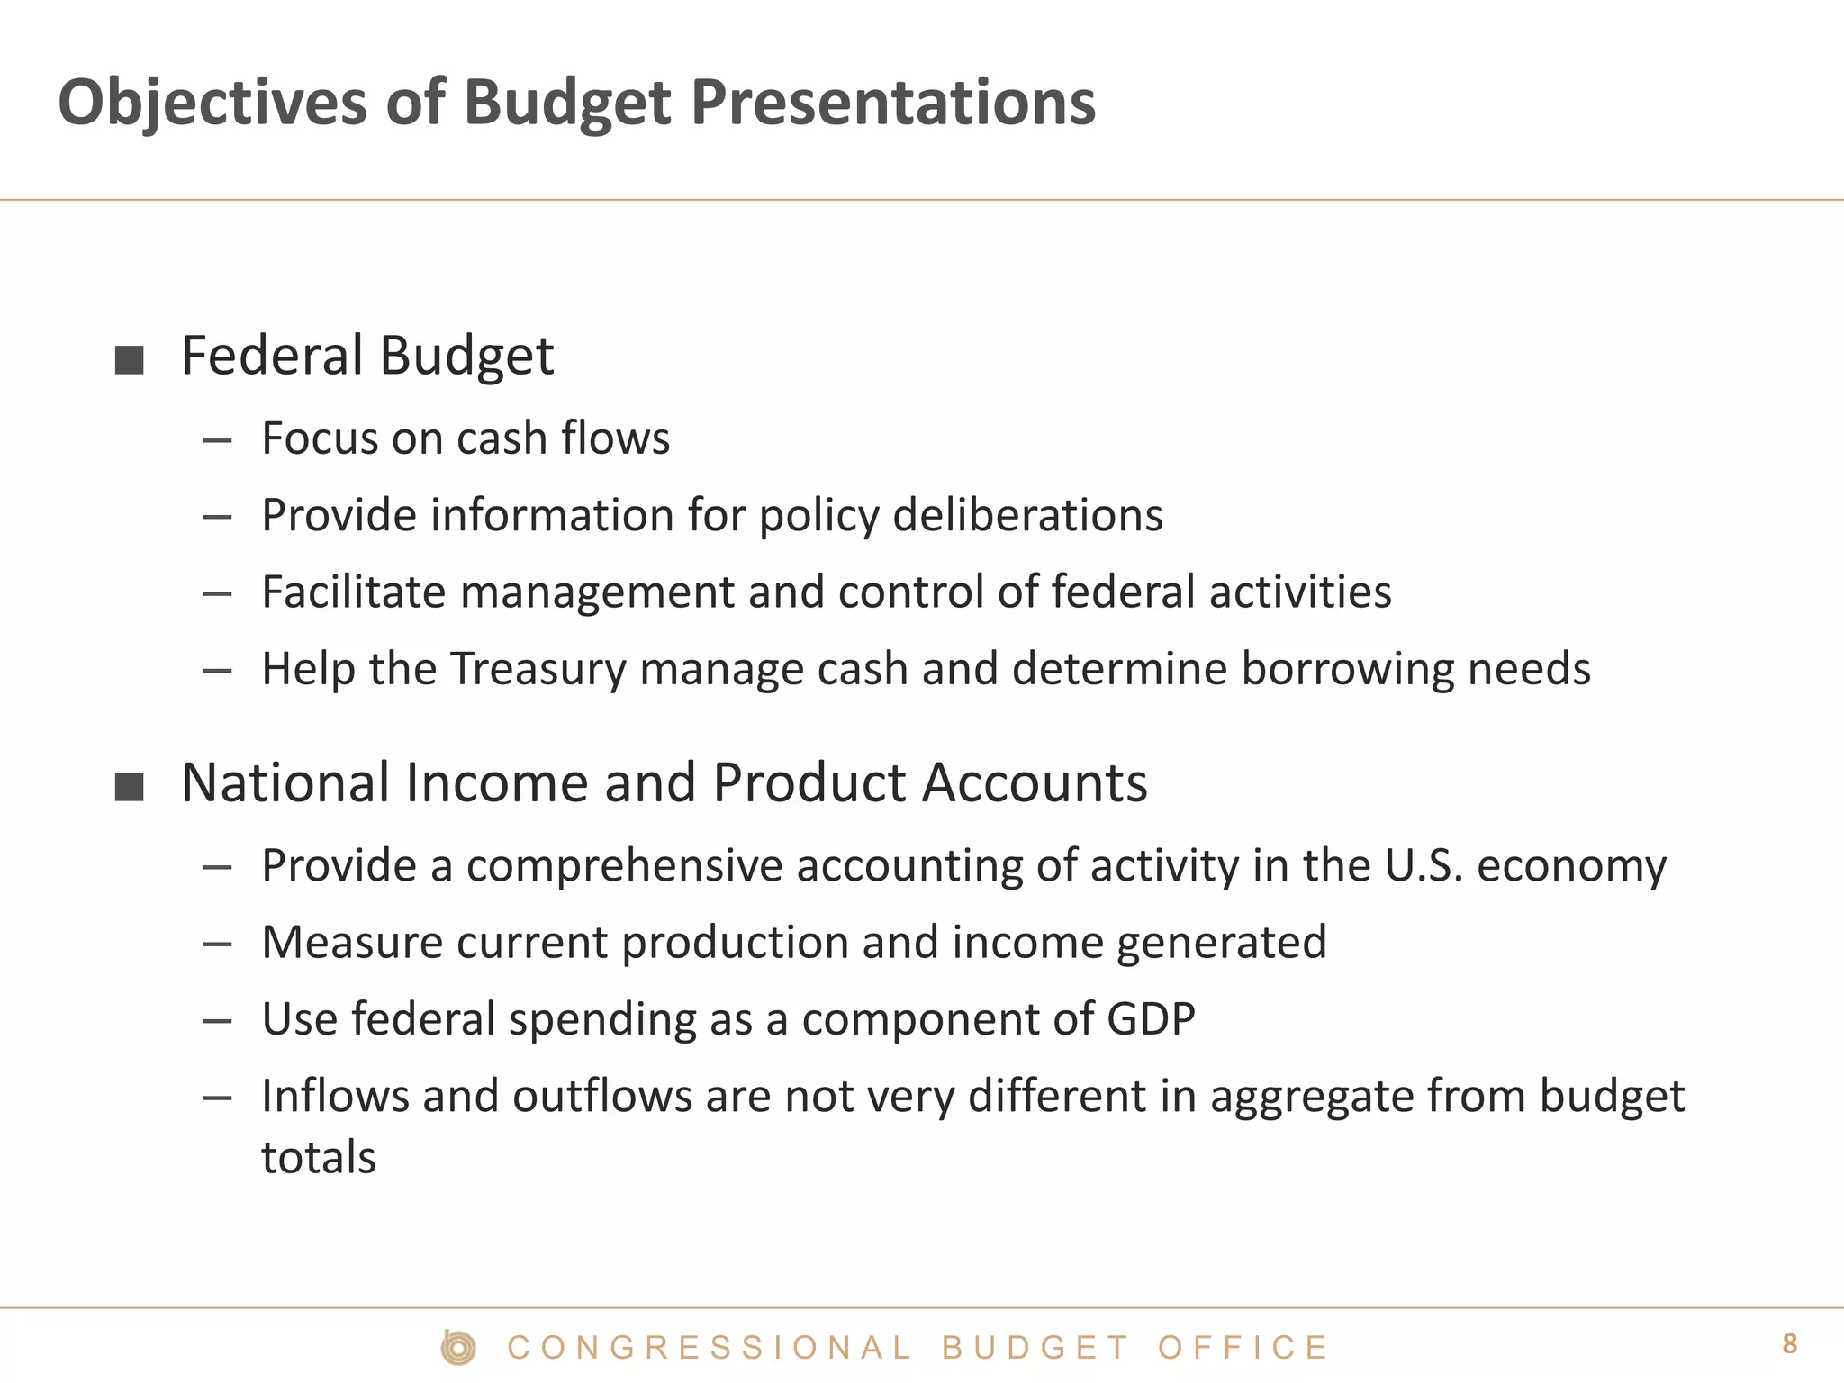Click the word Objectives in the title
[212, 102]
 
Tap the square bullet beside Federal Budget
[130, 360]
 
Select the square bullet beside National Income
[130, 787]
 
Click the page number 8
[1789, 1344]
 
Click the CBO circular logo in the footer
[458, 1348]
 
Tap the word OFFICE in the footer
[1243, 1348]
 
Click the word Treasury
[538, 669]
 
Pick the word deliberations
[1027, 515]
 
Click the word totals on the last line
[318, 1158]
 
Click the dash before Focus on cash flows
[217, 441]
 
